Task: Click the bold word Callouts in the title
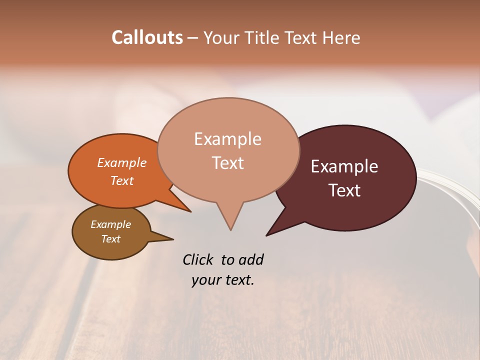pos(147,37)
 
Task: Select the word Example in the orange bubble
pos(121,162)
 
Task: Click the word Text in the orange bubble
pos(121,180)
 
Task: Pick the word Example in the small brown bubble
pos(110,224)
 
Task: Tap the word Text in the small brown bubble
pos(110,239)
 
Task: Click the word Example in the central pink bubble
pos(227,139)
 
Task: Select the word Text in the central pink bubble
pos(227,163)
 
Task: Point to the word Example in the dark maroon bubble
pos(344,166)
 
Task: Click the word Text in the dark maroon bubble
pos(344,190)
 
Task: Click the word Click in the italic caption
pos(198,259)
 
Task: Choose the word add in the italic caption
pos(251,259)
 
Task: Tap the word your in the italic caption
pos(205,280)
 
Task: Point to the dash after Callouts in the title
pos(193,38)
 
